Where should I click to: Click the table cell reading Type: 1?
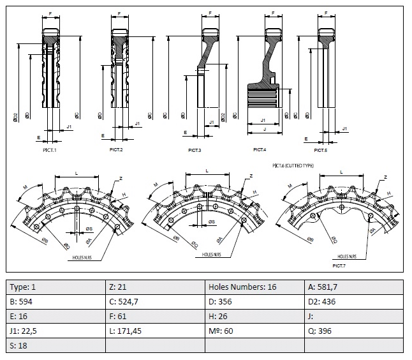click(x=56, y=287)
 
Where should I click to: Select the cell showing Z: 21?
click(x=155, y=287)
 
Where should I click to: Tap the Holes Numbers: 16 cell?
click(x=254, y=287)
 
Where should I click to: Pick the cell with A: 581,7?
click(x=354, y=287)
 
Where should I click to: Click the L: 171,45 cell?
click(x=155, y=331)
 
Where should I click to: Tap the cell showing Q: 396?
click(x=354, y=331)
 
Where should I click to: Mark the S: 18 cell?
click(x=56, y=345)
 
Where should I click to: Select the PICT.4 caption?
click(x=259, y=150)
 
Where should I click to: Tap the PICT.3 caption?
click(x=195, y=150)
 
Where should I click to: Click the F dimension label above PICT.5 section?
click(x=326, y=12)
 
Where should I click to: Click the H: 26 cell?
click(x=254, y=316)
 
